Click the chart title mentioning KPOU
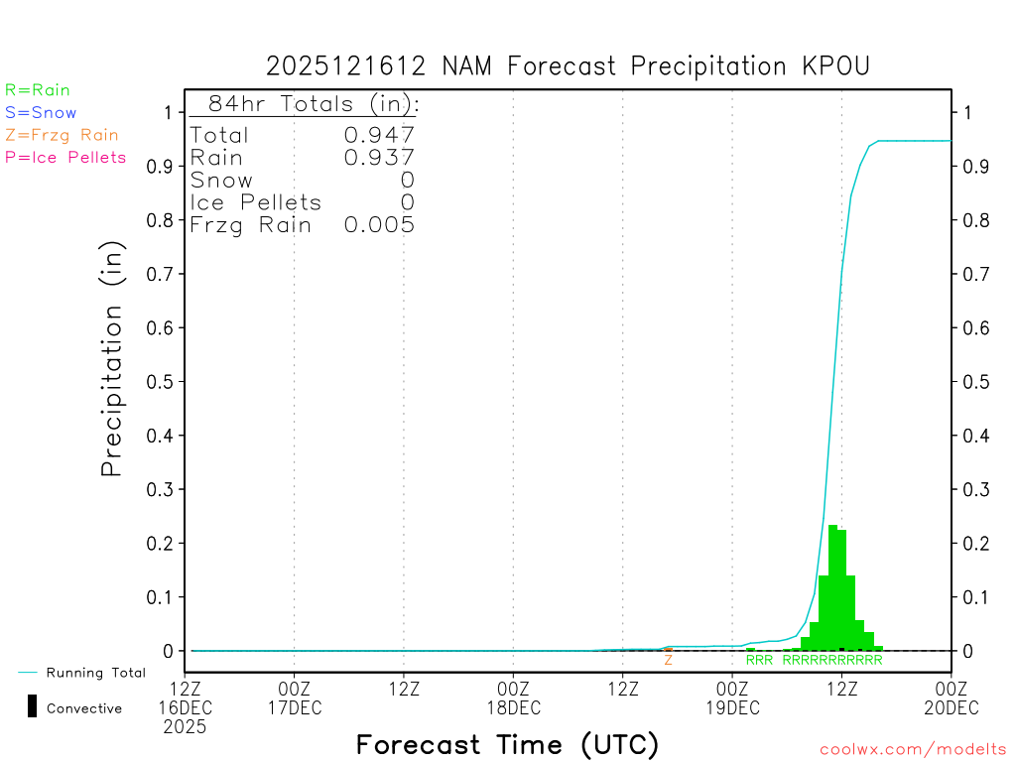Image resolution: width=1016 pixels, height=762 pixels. click(x=568, y=66)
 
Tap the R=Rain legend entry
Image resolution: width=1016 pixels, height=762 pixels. click(x=38, y=90)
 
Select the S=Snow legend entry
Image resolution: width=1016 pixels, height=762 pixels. click(x=41, y=113)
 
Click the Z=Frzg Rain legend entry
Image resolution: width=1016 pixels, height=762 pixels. click(x=62, y=135)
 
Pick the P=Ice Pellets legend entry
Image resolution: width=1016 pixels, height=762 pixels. click(x=65, y=157)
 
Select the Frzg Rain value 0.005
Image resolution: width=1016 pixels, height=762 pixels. click(x=379, y=225)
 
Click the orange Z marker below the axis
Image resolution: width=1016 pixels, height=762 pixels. click(x=669, y=660)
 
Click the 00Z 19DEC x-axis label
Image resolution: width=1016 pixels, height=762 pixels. click(x=732, y=698)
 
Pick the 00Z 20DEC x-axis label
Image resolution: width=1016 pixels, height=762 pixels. click(x=952, y=698)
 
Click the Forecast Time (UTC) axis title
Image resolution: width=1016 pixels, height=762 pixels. click(x=507, y=744)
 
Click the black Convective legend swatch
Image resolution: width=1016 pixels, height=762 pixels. click(x=32, y=706)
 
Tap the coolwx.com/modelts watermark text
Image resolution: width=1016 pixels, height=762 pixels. click(x=913, y=749)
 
